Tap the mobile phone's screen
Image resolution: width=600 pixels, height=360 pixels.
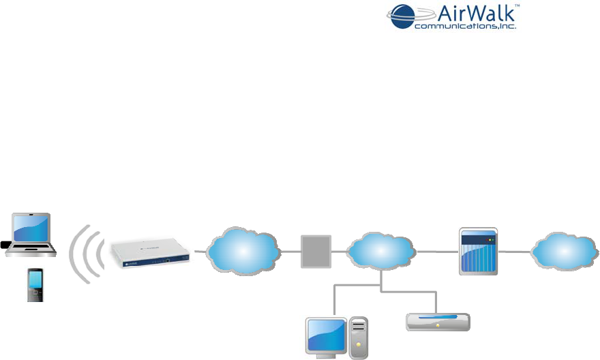point(35,280)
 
